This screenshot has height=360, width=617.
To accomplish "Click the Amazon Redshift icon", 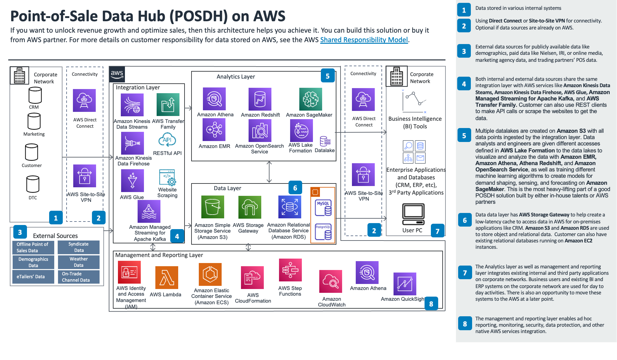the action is pos(260,99).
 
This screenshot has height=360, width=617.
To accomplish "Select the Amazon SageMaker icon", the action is pos(310,99).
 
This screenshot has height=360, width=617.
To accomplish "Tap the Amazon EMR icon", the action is pos(214,130).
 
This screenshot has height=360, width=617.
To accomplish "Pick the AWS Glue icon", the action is pos(132,181).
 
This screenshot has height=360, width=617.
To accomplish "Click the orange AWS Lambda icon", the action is pos(166,278).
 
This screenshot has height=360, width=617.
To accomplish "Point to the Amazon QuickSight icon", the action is pos(405,284).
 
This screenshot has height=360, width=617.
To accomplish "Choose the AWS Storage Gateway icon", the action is pos(250,207).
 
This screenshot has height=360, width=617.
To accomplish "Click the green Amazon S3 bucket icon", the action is pos(212,207).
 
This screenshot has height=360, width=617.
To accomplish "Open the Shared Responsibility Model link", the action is pos(364,40).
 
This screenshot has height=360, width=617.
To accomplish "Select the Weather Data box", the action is pos(79,262).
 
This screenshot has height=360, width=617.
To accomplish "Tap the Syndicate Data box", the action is pos(79,247).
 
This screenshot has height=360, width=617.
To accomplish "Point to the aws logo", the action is pos(117,74).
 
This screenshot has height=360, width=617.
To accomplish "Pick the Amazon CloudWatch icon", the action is pos(330,281).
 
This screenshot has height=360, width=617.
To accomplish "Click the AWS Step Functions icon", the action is pos(290,270).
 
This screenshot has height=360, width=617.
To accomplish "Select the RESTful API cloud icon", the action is pos(167,140).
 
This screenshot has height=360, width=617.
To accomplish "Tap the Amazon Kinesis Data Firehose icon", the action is pos(132,143).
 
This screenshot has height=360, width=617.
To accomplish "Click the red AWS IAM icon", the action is pos(129,272).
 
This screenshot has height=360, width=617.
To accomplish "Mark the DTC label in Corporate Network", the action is pos(33,198).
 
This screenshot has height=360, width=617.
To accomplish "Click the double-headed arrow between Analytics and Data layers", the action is pos(269,172).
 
